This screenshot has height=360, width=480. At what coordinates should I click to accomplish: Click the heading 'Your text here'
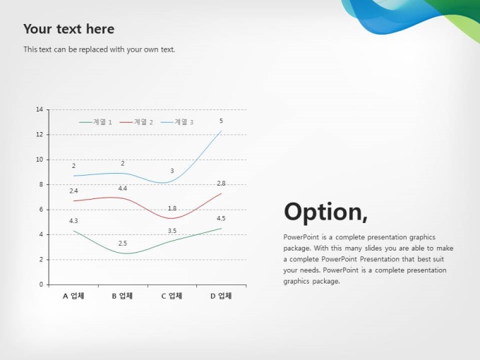[x=69, y=29]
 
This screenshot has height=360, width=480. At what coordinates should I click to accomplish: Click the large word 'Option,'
[x=325, y=212]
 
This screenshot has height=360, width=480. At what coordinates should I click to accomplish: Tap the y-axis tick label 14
[x=40, y=109]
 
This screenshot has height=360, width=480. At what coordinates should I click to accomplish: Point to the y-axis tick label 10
[x=40, y=160]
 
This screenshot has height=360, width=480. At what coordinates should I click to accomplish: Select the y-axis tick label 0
[x=41, y=284]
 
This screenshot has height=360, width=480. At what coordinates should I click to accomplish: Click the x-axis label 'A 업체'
[x=73, y=296]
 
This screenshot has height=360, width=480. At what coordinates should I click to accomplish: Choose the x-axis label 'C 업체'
[x=172, y=296]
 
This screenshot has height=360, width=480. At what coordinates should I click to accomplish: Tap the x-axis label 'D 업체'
[x=221, y=296]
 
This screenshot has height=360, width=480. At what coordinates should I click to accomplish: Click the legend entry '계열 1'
[x=95, y=122]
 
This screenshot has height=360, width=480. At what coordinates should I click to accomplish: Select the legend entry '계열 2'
[x=136, y=122]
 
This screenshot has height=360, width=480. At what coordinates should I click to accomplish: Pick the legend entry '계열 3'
[x=177, y=122]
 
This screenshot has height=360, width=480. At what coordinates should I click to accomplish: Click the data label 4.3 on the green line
[x=73, y=221]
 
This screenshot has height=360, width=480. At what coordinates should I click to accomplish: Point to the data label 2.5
[x=122, y=244]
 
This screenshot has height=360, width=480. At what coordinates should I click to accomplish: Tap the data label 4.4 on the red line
[x=122, y=188]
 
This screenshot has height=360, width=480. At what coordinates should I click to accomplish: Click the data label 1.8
[x=172, y=208]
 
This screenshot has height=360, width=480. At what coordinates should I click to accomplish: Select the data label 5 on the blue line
[x=221, y=121]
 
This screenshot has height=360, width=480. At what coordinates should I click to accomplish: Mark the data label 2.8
[x=221, y=184]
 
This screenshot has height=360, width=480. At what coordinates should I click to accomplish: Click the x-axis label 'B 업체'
[x=122, y=296]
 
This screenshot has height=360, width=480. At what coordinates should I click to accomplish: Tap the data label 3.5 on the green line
[x=172, y=231]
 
